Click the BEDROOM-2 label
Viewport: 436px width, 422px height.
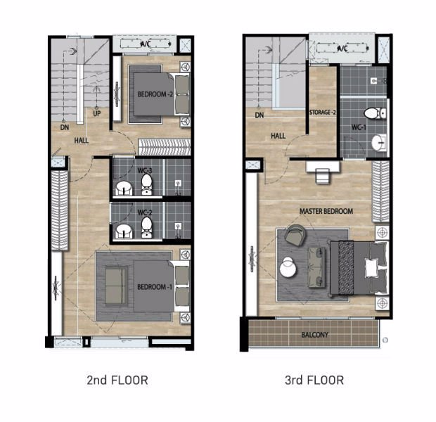pyautogui.click(x=155, y=94)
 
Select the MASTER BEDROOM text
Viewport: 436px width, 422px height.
pyautogui.click(x=326, y=211)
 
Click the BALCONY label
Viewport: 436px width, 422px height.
pyautogui.click(x=314, y=335)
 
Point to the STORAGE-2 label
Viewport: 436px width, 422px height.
pyautogui.click(x=323, y=113)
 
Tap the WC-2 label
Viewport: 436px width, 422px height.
pyautogui.click(x=146, y=212)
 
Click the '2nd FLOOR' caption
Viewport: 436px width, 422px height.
pyautogui.click(x=117, y=381)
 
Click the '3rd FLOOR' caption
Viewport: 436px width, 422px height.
pyautogui.click(x=314, y=381)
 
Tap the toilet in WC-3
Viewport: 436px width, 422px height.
pyautogui.click(x=147, y=185)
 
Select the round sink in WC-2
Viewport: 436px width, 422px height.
pyautogui.click(x=123, y=230)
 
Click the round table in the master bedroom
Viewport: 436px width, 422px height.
pyautogui.click(x=288, y=267)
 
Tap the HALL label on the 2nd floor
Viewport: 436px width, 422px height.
pyautogui.click(x=82, y=141)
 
